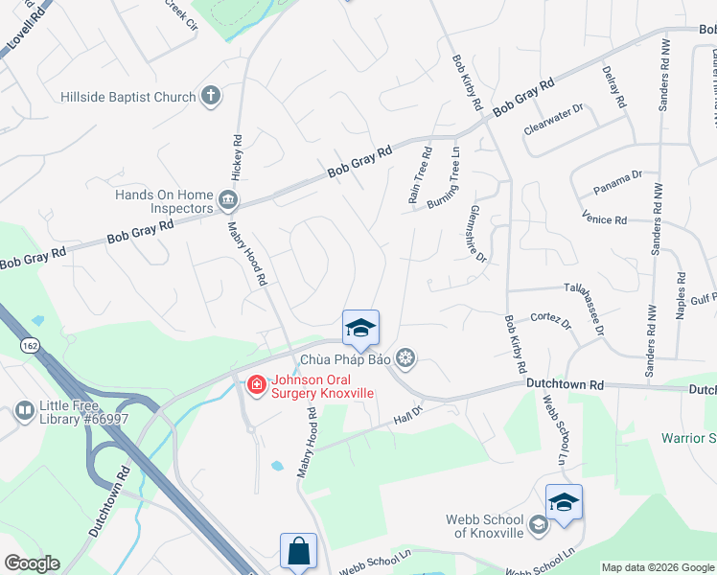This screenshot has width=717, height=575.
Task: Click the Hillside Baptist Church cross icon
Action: click(211, 96)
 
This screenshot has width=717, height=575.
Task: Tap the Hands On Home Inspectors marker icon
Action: click(228, 200)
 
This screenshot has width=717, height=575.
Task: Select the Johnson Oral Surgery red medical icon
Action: click(256, 385)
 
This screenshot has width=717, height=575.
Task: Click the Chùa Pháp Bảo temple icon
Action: click(406, 359)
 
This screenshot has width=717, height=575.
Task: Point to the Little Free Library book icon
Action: click(24, 412)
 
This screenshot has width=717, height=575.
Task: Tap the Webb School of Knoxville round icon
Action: click(538, 524)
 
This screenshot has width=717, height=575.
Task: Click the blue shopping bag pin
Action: click(297, 551)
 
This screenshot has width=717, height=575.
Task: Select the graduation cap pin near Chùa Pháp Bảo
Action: click(360, 328)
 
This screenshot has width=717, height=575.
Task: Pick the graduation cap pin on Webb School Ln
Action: click(564, 502)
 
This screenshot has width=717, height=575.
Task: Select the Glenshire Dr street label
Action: click(478, 233)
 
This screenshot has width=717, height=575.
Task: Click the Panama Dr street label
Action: click(617, 179)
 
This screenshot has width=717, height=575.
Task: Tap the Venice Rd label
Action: click(604, 219)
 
